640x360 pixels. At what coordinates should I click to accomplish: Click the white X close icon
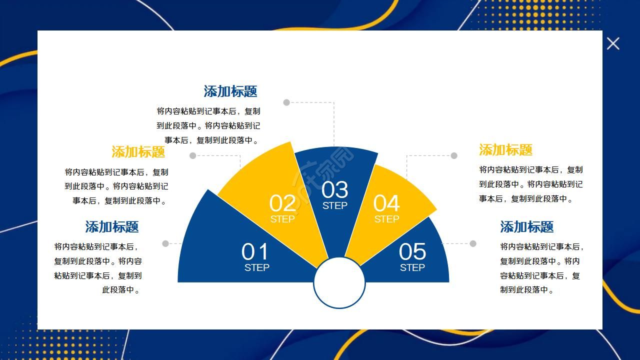(x=613, y=43)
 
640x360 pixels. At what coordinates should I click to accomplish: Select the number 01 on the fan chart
(x=255, y=251)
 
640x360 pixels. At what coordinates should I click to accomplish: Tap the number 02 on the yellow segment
(x=282, y=203)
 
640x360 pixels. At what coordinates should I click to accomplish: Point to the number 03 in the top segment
(x=334, y=190)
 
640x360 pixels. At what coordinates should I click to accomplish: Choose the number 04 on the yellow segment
(x=386, y=203)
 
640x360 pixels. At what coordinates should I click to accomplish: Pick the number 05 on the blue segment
(x=412, y=251)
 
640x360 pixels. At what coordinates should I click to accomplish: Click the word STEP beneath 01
(x=257, y=267)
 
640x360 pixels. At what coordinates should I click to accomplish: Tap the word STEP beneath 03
(x=334, y=205)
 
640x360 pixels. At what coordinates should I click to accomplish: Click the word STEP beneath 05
(x=412, y=267)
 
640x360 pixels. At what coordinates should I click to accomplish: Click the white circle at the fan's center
(x=339, y=283)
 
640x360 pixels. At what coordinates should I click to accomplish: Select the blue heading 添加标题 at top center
(x=230, y=91)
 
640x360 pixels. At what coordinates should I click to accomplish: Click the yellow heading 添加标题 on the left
(x=138, y=151)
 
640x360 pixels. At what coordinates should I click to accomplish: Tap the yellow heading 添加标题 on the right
(x=506, y=149)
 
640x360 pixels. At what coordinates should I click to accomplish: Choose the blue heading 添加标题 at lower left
(x=112, y=226)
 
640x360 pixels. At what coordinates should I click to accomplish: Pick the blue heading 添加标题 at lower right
(x=527, y=226)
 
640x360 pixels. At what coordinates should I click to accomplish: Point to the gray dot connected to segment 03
(x=286, y=102)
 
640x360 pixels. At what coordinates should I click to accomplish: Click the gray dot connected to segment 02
(x=193, y=155)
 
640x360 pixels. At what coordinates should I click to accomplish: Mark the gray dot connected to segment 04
(x=454, y=155)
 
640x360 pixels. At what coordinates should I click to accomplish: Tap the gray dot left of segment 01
(x=165, y=243)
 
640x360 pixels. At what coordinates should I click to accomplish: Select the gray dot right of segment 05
(x=473, y=243)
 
